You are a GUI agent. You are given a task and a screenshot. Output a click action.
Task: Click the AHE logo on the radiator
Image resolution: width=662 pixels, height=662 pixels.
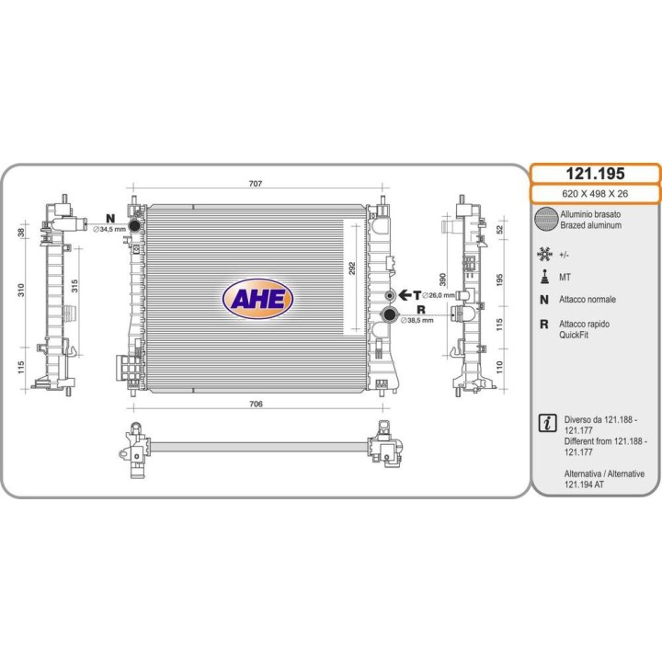coord(257,299)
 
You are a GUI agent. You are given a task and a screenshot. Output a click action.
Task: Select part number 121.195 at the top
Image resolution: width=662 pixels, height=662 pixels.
coord(595,174)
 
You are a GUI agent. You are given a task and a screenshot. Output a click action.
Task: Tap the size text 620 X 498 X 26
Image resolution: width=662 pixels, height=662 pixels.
coord(595,194)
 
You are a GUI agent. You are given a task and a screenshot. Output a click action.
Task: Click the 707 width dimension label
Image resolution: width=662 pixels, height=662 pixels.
coord(256,184)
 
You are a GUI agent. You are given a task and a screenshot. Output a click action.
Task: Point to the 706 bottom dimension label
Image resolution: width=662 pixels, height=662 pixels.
coord(256,404)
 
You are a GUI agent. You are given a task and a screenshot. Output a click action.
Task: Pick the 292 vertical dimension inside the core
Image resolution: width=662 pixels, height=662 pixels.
coord(352,268)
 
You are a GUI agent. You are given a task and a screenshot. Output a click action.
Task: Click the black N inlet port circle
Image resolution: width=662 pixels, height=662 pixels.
coord(134,225)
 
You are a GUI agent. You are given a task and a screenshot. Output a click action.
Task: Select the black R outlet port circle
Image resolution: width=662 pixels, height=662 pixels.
coord(389,314)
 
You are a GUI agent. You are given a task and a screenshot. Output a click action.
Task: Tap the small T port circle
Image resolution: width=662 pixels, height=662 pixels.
coord(390,295)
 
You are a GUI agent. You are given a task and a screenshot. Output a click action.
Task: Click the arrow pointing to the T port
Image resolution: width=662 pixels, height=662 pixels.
coord(405,295)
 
